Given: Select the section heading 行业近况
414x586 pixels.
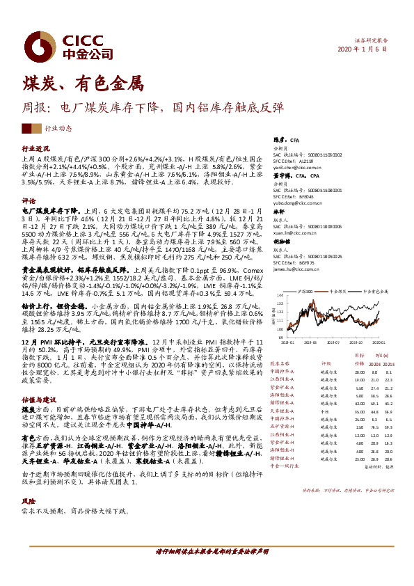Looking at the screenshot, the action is (x=35, y=149).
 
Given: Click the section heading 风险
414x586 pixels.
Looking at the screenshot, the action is (x=29, y=501).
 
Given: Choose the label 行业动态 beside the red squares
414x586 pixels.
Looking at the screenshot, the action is (x=58, y=129).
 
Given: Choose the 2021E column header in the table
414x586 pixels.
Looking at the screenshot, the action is (x=388, y=363).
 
